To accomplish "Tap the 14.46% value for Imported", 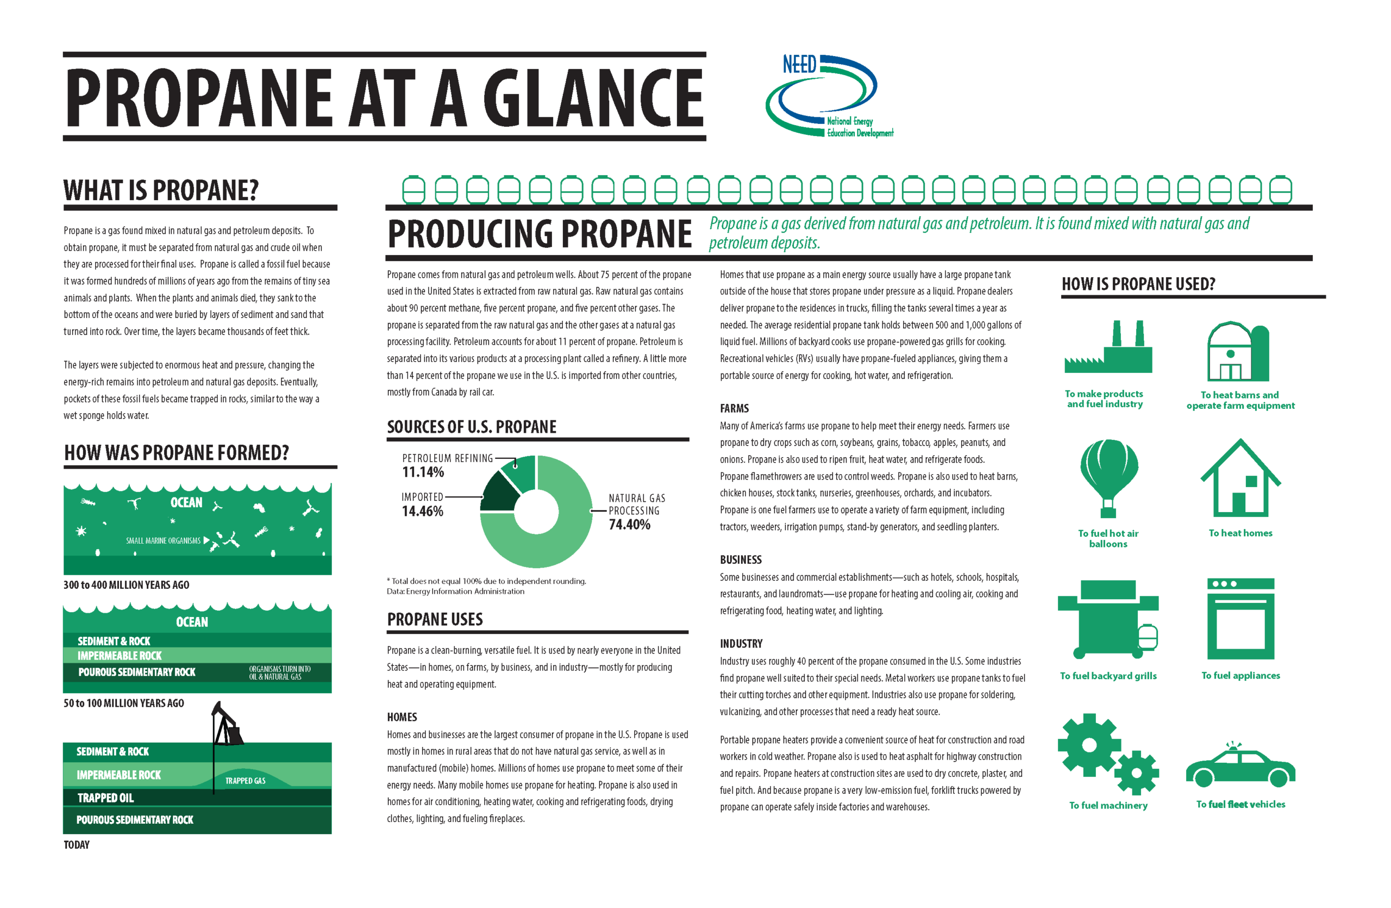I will (422, 512).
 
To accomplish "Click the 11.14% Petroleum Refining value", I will (423, 472).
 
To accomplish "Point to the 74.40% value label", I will (629, 525).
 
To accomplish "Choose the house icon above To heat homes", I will (1240, 480).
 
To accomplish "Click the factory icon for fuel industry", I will (1108, 349).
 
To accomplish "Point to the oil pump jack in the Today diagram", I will (227, 725).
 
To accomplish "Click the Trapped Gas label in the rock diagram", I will (245, 781).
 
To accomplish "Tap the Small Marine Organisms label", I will (163, 541).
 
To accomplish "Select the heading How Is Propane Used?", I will (1138, 284).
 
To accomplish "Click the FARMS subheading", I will (734, 408).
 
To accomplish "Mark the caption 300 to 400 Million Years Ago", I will (126, 584).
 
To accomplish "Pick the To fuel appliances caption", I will (1240, 675).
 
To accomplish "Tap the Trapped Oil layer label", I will (106, 798).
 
